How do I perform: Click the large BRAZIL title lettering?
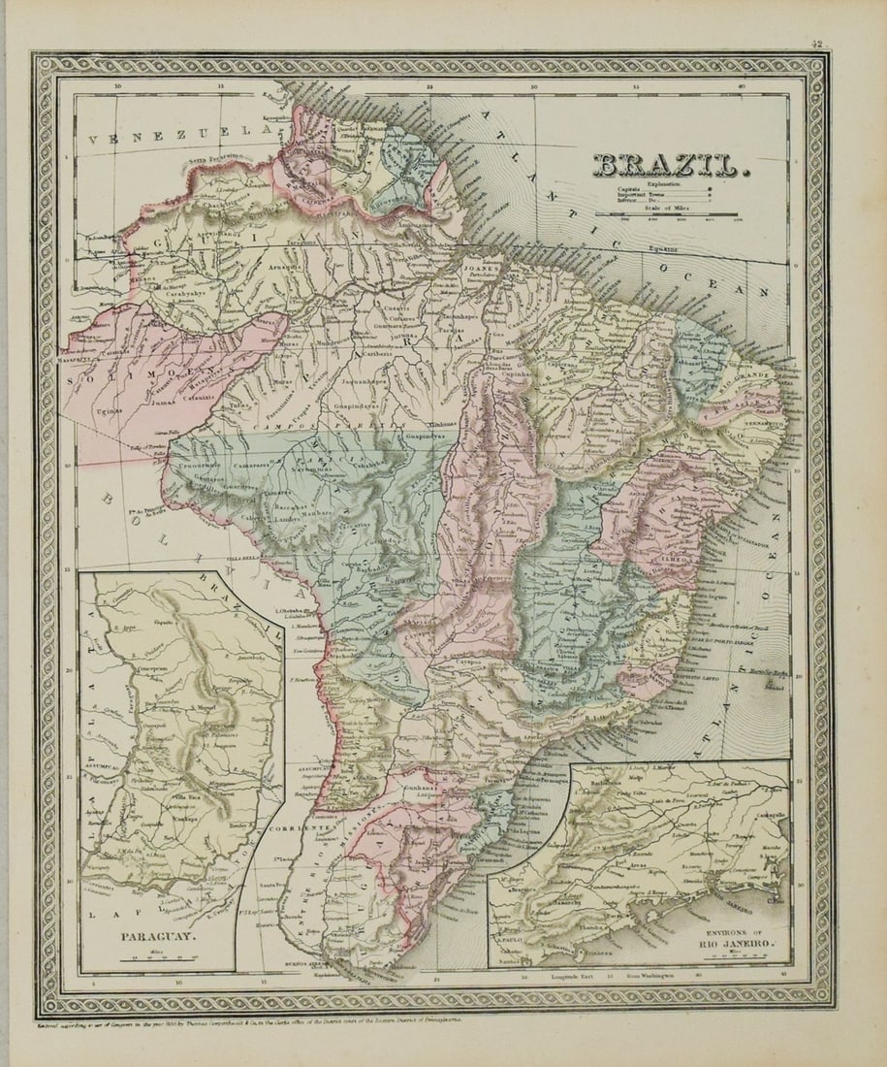670,165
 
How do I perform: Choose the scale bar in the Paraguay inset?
142,955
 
